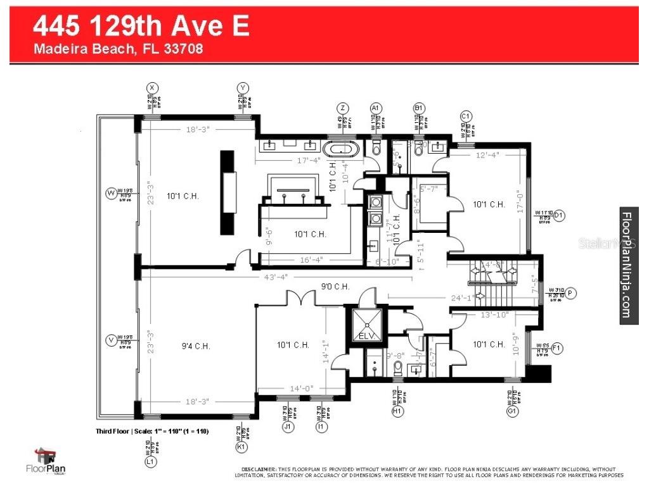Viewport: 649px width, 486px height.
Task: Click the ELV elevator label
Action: point(366,336)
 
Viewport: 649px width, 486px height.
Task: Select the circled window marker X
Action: point(152,87)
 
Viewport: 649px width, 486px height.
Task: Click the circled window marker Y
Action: point(243,87)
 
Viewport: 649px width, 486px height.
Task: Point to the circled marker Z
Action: point(343,107)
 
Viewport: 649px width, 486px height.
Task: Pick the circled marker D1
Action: point(558,215)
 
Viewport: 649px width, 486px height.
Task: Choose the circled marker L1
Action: point(151,463)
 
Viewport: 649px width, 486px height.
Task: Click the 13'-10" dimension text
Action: point(496,314)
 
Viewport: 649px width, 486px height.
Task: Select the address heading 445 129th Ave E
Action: point(141,26)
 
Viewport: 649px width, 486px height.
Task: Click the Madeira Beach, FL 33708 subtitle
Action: point(119,49)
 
